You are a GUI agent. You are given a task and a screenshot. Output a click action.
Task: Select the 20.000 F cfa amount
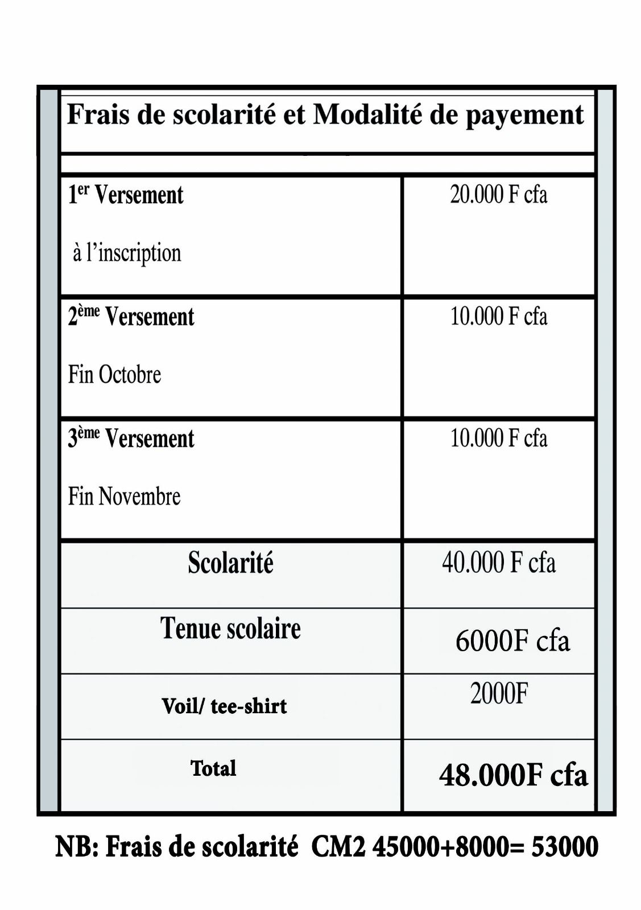click(x=498, y=195)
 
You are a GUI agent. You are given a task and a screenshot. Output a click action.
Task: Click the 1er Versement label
click(x=126, y=195)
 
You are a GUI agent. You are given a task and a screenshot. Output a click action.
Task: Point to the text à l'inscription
click(x=127, y=253)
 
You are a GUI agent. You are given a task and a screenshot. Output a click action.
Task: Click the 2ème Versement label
click(x=131, y=317)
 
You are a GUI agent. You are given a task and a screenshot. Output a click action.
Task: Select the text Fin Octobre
click(x=114, y=374)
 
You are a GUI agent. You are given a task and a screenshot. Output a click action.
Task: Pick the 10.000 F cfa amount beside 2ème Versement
click(x=498, y=316)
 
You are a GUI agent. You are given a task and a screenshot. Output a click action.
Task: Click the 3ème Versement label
click(x=131, y=439)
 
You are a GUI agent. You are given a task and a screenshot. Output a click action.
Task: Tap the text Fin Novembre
click(x=124, y=496)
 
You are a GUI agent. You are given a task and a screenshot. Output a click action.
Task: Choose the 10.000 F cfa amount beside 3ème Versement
click(x=498, y=438)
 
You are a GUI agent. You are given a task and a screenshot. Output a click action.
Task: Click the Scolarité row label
click(x=230, y=563)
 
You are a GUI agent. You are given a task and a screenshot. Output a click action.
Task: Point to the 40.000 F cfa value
click(x=498, y=562)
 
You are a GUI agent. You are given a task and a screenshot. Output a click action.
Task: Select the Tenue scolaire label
click(x=230, y=628)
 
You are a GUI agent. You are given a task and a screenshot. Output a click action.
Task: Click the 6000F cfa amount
click(x=512, y=641)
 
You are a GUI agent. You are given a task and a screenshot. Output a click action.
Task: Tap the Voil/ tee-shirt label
click(x=224, y=706)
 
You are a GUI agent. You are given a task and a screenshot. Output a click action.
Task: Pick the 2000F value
click(x=499, y=693)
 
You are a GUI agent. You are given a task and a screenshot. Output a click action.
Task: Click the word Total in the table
click(x=213, y=768)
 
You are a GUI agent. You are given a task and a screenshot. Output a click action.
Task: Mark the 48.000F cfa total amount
click(x=513, y=775)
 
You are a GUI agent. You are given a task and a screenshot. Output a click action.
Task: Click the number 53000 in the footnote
click(x=564, y=847)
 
